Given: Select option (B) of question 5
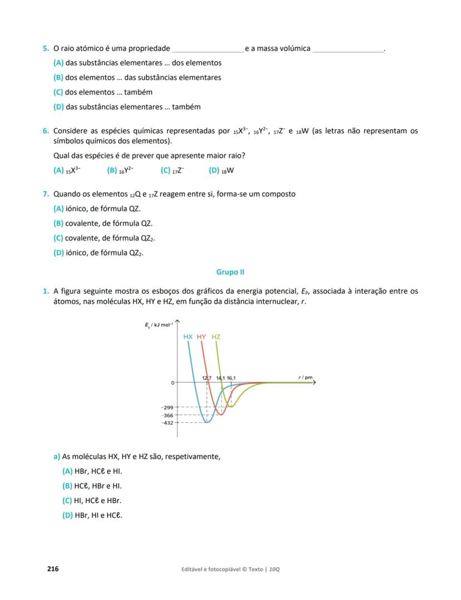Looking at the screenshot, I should click(x=58, y=77).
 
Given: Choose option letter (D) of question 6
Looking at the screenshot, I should click(x=214, y=170).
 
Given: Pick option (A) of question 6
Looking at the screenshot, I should click(x=58, y=170).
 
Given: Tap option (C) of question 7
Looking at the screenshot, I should click(x=58, y=238).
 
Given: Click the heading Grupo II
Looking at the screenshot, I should click(x=230, y=272).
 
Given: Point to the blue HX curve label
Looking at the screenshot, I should click(x=188, y=337).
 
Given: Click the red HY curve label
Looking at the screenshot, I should click(x=202, y=337).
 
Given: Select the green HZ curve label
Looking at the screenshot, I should click(x=216, y=337).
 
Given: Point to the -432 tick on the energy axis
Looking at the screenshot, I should click(x=167, y=423).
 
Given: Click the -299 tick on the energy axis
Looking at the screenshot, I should click(x=167, y=408).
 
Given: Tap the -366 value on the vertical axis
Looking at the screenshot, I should click(x=167, y=416).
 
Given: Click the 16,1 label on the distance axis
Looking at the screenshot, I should click(x=231, y=378).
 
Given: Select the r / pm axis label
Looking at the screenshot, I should click(x=306, y=378).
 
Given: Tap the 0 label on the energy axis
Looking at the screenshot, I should click(x=173, y=383).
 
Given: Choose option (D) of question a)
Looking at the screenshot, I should click(x=67, y=515).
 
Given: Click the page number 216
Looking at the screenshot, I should click(x=53, y=569).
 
